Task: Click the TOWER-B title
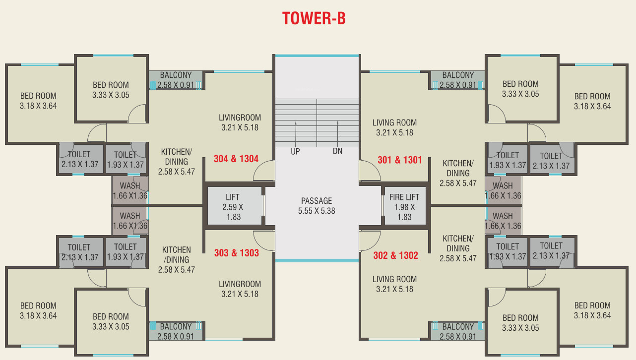point(314,18)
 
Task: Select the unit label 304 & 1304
point(236,159)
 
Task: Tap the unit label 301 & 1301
point(399,160)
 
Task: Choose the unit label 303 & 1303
point(236,253)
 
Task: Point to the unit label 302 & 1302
point(395,256)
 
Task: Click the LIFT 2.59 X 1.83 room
point(233,205)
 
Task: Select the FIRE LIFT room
point(404,205)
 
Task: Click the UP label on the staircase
point(295,152)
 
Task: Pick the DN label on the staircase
point(337,152)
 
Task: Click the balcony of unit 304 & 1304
point(176,80)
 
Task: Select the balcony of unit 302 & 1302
point(458,331)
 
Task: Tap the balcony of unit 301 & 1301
point(458,80)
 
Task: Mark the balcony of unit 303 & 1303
point(176,331)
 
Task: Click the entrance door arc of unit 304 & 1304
point(263,171)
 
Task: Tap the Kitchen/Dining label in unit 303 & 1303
point(176,255)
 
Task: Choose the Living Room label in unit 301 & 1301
point(394,122)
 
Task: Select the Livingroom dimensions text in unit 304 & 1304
point(240,127)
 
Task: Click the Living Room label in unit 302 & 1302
point(394,279)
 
